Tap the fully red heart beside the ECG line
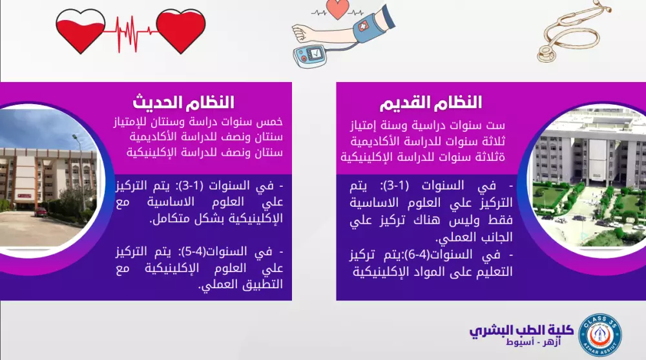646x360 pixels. click(180, 30)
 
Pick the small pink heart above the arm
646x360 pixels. click(338, 9)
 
